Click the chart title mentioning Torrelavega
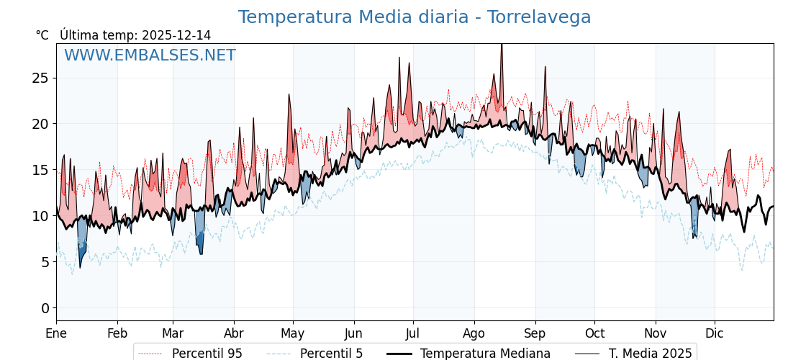pyautogui.click(x=415, y=17)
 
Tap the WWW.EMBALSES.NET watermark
pyautogui.click(x=150, y=55)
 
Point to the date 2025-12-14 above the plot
pyautogui.click(x=176, y=35)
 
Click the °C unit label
pyautogui.click(x=42, y=35)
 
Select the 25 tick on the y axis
pyautogui.click(x=40, y=78)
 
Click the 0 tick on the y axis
pyautogui.click(x=45, y=308)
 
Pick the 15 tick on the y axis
pyautogui.click(x=40, y=170)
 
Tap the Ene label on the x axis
pyautogui.click(x=56, y=333)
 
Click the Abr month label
pyautogui.click(x=234, y=333)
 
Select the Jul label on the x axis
pyautogui.click(x=413, y=333)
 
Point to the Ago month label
pyautogui.click(x=474, y=333)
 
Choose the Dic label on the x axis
pyautogui.click(x=715, y=333)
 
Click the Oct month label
pyautogui.click(x=594, y=333)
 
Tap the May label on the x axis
pyautogui.click(x=293, y=333)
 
